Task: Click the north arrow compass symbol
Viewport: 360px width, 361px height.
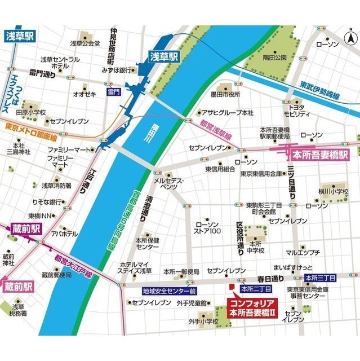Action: tap(349, 37)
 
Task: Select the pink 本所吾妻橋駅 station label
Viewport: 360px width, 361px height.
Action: tap(319, 153)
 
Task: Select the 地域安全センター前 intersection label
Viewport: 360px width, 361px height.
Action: tap(169, 291)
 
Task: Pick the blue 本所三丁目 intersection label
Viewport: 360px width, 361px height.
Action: tap(320, 278)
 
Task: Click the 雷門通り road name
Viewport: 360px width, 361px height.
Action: tap(42, 74)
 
